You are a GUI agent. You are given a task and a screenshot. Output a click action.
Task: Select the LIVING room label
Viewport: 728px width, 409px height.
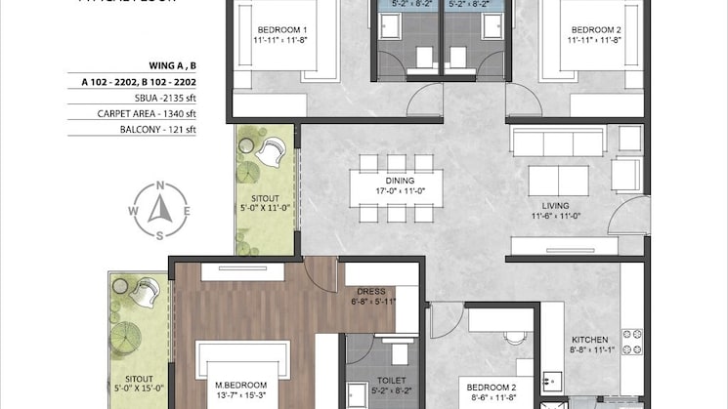(555, 205)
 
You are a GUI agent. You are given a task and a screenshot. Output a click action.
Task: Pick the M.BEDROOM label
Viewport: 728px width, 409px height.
(238, 386)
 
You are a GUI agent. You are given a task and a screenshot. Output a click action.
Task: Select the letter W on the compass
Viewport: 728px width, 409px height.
(134, 209)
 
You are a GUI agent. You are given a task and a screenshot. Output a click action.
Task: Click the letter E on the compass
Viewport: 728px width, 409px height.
(188, 209)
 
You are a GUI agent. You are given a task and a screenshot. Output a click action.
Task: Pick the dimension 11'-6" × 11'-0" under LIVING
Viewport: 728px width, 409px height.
(555, 217)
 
